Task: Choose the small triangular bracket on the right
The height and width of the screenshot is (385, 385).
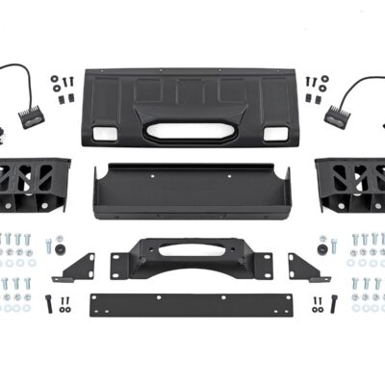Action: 308,268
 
